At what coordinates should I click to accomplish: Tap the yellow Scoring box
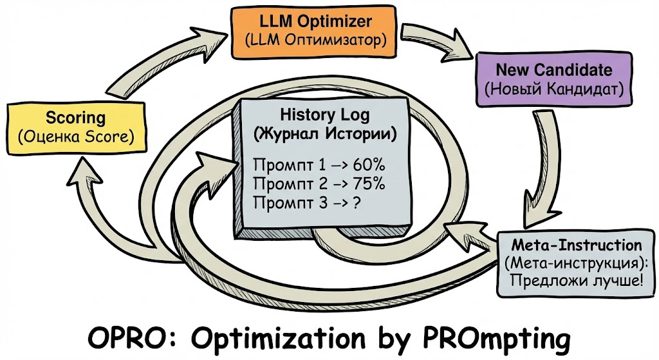[x=75, y=128]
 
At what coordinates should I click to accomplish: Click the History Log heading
[x=324, y=116]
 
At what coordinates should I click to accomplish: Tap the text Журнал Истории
[x=324, y=135]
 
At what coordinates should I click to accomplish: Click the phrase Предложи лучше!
[x=576, y=281]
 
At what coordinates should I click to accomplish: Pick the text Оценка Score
[x=75, y=137]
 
